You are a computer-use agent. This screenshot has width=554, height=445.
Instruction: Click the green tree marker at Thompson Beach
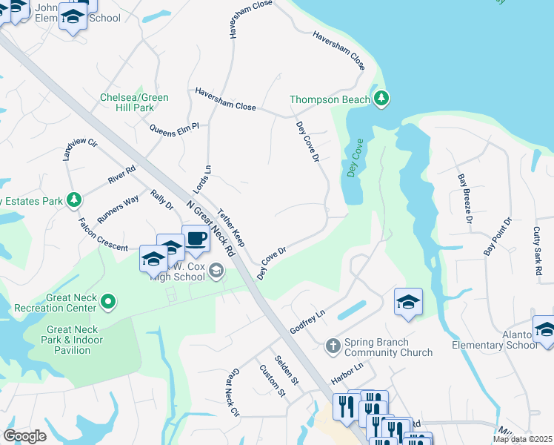click(381, 99)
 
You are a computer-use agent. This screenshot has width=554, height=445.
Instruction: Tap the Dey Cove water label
click(354, 158)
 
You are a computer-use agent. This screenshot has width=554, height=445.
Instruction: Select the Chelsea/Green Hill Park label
click(135, 102)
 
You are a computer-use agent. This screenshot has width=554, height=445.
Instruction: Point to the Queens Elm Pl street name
click(174, 128)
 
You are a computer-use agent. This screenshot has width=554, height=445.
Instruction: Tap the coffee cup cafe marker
click(196, 239)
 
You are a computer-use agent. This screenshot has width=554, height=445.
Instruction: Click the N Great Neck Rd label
click(210, 229)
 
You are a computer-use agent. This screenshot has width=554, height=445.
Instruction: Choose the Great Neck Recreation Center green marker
click(109, 301)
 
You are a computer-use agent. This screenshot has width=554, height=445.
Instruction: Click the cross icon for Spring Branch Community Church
click(333, 345)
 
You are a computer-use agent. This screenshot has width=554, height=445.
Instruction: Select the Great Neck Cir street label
click(232, 392)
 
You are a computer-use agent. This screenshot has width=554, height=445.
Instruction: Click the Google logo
click(24, 436)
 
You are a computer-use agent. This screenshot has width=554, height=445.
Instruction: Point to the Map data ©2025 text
click(523, 439)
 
